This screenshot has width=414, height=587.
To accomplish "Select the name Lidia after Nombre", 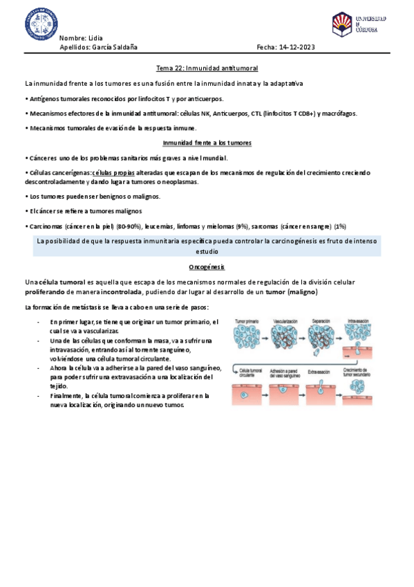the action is pos(97,37).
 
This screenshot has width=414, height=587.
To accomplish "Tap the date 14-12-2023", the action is pos(296,47).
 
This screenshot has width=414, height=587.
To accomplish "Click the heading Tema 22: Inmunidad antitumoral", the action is pos(207,69).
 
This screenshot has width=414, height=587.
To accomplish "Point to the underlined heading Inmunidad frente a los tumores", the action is pos(207,143).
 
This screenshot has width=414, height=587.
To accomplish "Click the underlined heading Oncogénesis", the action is pos(207,247).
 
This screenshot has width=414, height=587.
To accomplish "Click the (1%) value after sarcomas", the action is pos(339,226).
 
